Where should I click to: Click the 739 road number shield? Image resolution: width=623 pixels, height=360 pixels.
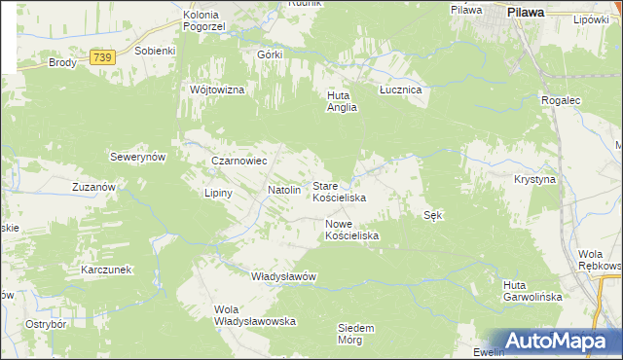(x=102, y=59)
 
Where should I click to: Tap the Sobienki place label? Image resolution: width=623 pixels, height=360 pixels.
(x=155, y=50)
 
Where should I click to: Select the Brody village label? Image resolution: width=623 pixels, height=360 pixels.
(x=62, y=62)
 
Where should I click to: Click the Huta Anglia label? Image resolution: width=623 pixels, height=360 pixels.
(x=343, y=101)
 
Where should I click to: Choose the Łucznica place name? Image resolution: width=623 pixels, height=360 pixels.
(x=399, y=89)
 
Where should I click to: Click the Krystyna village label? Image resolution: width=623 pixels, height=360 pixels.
(x=534, y=180)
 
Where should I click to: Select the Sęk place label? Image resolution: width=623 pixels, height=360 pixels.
(x=434, y=215)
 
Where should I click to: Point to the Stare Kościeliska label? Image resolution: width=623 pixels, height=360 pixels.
(x=339, y=191)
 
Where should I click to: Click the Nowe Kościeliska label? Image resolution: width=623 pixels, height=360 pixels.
(x=351, y=230)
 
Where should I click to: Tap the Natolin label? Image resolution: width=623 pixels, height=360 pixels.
(x=283, y=190)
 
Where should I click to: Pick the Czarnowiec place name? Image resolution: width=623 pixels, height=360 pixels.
(x=239, y=161)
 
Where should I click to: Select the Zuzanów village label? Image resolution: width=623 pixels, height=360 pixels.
(x=94, y=186)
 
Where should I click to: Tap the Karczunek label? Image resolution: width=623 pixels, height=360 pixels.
(x=107, y=269)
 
